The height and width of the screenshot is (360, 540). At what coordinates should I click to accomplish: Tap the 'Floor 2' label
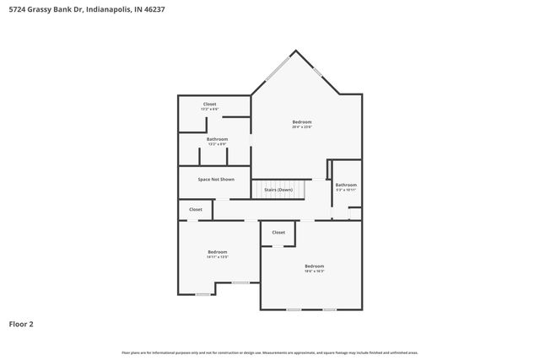pyautogui.click(x=21, y=324)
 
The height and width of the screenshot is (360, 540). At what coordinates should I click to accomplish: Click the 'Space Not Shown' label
pyautogui.click(x=216, y=179)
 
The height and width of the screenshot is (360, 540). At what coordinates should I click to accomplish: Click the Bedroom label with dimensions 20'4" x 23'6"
pyautogui.click(x=302, y=123)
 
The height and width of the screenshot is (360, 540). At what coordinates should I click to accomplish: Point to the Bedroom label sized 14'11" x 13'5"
pyautogui.click(x=218, y=252)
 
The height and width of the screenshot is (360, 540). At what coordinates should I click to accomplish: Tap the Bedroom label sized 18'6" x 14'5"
pyautogui.click(x=314, y=266)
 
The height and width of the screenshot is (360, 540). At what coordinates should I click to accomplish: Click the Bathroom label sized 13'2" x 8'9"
pyautogui.click(x=217, y=139)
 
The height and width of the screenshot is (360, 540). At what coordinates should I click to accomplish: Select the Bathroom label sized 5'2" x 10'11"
pyautogui.click(x=346, y=185)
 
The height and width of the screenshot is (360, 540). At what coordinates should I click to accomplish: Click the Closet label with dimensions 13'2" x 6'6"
pyautogui.click(x=209, y=105)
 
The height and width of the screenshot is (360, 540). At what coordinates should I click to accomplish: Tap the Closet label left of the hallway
pyautogui.click(x=195, y=209)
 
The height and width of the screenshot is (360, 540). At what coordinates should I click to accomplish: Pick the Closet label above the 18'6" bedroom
pyautogui.click(x=278, y=232)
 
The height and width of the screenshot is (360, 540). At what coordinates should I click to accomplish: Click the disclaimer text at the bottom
pyautogui.click(x=270, y=352)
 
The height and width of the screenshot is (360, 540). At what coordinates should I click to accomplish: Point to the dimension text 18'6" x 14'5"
pyautogui.click(x=314, y=271)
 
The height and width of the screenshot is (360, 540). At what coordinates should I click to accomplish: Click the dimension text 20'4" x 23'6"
pyautogui.click(x=302, y=127)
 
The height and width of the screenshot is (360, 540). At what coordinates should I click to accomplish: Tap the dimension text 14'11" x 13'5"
pyautogui.click(x=218, y=256)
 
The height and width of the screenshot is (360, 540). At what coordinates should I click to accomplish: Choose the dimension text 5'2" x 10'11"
pyautogui.click(x=346, y=190)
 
